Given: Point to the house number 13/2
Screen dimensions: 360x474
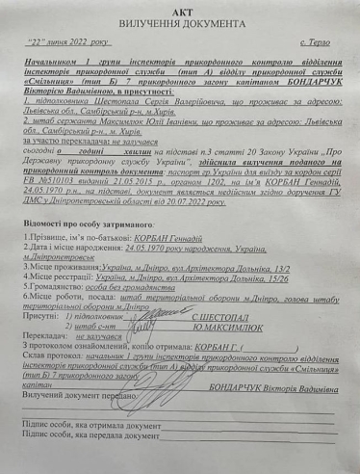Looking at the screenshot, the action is (x=266, y=264).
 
